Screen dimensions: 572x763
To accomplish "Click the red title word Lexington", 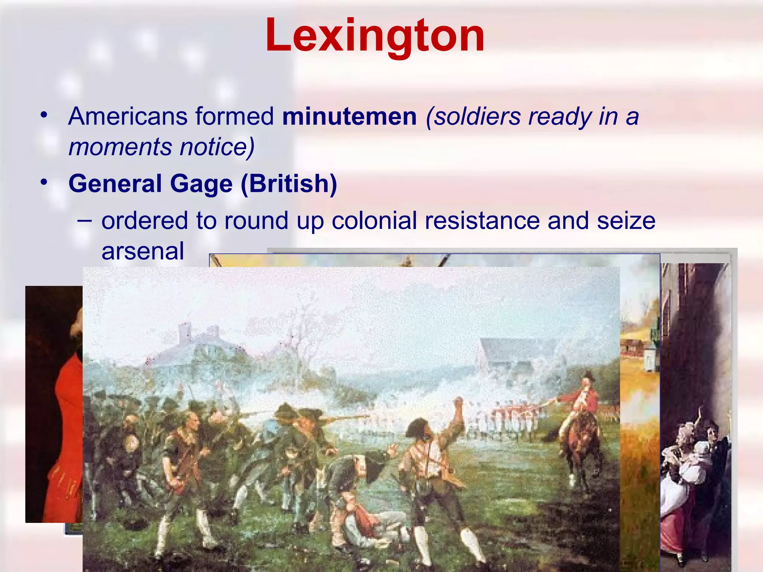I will coord(375,35).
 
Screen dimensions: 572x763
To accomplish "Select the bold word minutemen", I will coord(349,116).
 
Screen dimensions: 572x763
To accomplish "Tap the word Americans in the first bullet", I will coord(127,116).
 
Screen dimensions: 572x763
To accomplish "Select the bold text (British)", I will coord(289,184).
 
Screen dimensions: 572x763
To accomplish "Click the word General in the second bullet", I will coord(115,184).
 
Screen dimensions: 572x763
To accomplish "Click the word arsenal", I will coord(143,251).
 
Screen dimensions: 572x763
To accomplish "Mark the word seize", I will coord(626,220).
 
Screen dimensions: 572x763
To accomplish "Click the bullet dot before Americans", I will coord(44,115).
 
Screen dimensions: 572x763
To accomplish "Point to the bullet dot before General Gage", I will coord(44,182).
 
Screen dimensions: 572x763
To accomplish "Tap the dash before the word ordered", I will coord(85,220).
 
